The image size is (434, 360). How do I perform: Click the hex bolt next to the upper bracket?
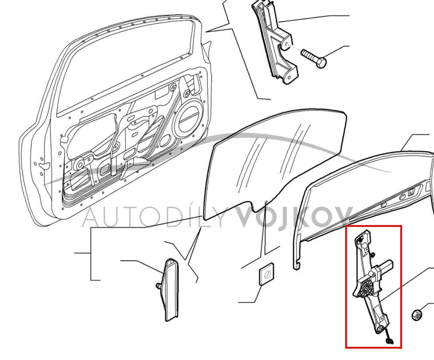click(x=314, y=59)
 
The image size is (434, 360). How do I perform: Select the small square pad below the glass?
click(x=266, y=274)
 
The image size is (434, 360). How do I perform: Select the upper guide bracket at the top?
click(x=277, y=42)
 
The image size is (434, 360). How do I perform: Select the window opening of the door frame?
click(x=125, y=67)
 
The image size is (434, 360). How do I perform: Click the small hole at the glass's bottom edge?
click(x=266, y=202)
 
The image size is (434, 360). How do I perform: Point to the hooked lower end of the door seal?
click(x=296, y=264)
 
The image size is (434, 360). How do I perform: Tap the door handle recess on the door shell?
click(x=44, y=165)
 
